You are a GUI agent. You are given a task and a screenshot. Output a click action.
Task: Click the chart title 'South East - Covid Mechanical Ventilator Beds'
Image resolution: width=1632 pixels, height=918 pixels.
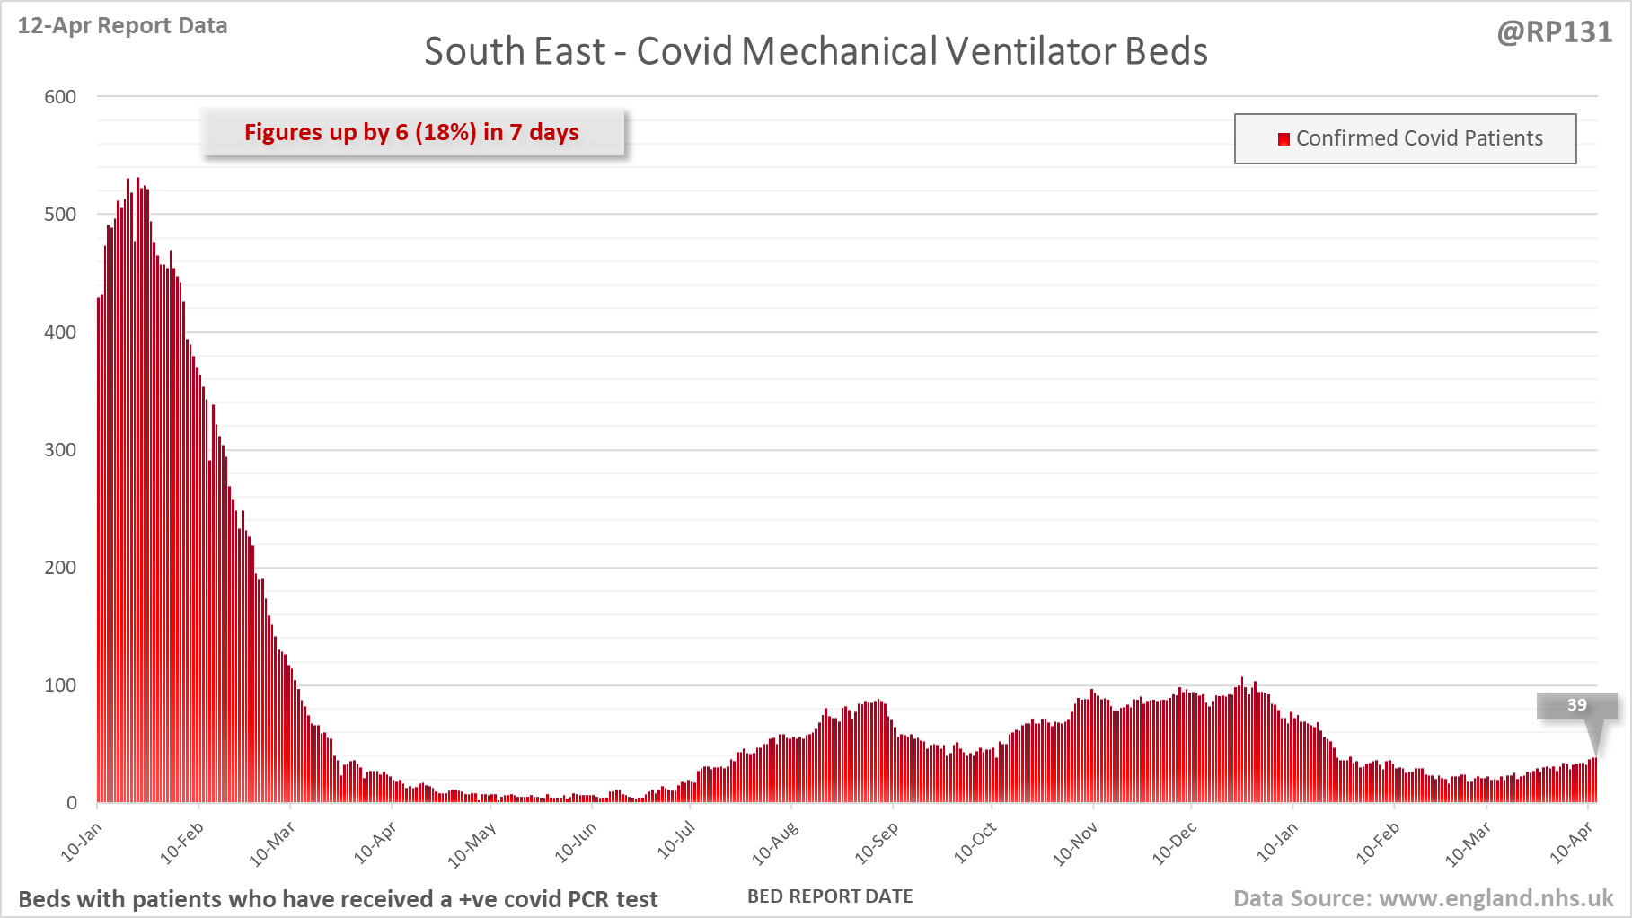coord(816,51)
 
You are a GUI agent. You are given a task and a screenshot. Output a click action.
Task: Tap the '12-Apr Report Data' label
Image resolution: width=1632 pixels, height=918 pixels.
coord(122,25)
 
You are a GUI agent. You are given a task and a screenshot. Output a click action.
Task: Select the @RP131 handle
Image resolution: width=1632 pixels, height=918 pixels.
coord(1554,31)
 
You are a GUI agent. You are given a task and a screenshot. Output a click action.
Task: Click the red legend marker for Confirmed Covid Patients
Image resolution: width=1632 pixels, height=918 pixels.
coord(1284,138)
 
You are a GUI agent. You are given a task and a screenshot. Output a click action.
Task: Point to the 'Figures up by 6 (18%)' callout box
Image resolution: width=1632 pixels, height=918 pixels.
coord(412,132)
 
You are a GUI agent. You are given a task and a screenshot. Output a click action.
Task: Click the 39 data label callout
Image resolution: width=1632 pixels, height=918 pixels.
coord(1576,705)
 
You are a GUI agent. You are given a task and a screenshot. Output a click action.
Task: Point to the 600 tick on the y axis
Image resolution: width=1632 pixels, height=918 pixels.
coord(60,97)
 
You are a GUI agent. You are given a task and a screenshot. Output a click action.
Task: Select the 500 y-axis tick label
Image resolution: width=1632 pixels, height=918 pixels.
coord(60,215)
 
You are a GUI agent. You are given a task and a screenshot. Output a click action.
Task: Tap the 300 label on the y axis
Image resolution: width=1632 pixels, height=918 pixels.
coord(60,450)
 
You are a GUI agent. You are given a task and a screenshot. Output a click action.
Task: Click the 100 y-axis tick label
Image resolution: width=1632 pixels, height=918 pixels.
coord(60,685)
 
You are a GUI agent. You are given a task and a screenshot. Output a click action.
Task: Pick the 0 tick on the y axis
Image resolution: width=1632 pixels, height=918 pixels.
coord(72,803)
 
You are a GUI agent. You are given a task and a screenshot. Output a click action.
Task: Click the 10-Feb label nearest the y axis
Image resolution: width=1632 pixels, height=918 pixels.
coord(182,843)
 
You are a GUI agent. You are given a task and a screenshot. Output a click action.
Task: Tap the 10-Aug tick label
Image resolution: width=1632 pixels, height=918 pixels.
coord(775,843)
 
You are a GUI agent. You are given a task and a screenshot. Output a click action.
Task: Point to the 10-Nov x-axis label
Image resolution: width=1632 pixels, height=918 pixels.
coord(1075,844)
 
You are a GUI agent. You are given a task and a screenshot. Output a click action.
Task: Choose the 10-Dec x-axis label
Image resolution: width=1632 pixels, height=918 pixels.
coord(1175,843)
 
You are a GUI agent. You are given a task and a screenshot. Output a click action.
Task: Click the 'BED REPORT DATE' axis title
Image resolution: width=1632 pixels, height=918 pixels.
coord(830,896)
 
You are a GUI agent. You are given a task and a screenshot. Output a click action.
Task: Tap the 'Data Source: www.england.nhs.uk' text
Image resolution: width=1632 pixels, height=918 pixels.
coord(1423,898)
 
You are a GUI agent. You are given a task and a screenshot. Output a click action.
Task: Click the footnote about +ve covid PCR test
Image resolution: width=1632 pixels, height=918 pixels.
coord(338,899)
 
